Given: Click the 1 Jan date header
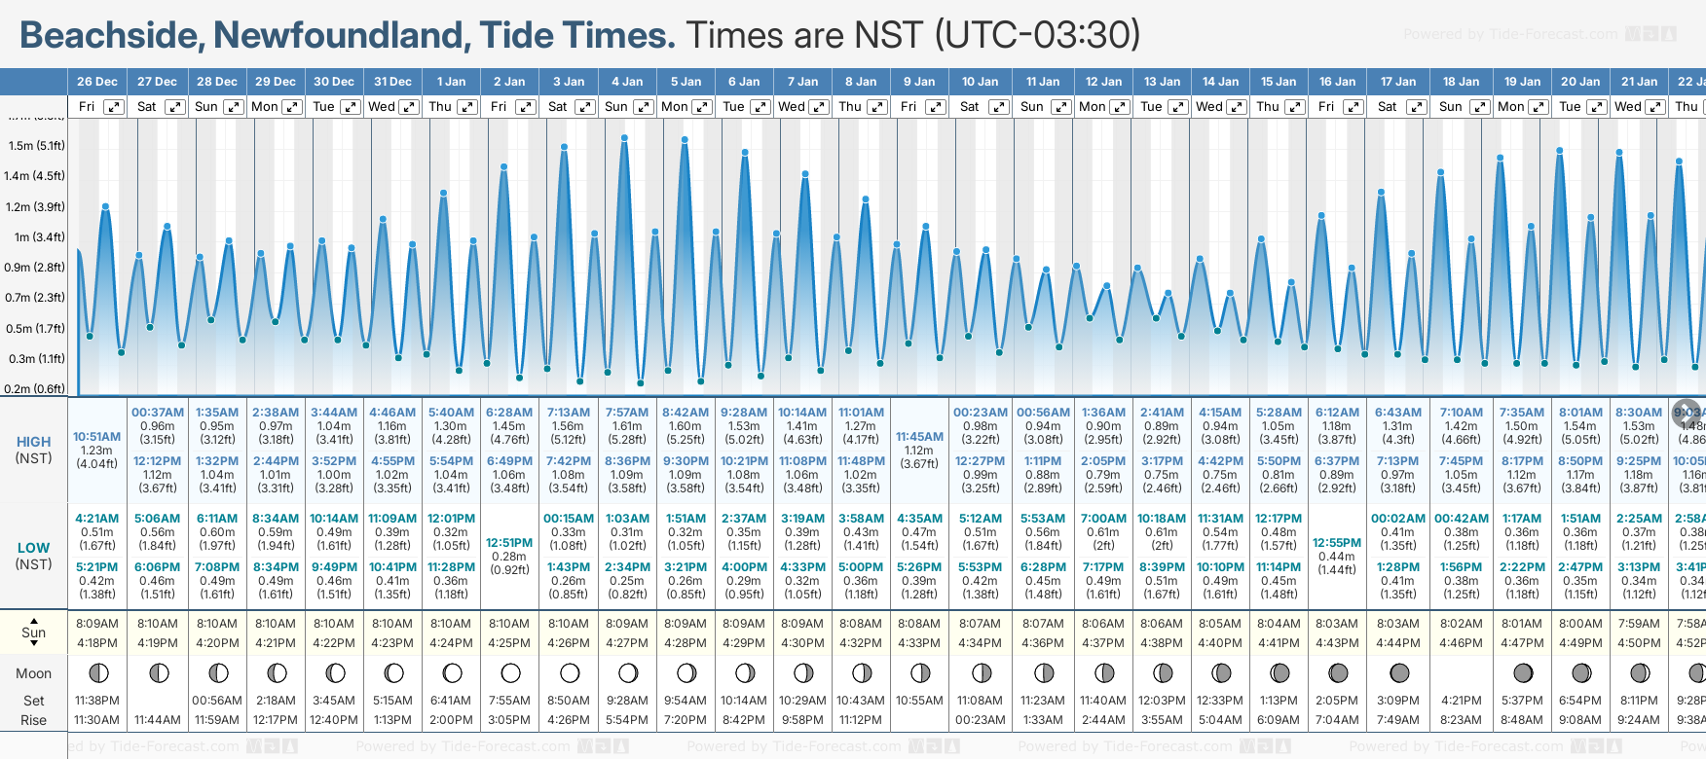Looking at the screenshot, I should coord(451,82).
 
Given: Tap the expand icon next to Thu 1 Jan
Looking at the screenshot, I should coord(467,107).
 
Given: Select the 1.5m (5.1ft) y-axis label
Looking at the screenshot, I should coord(36,146).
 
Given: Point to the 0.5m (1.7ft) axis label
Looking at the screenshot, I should coord(36,328).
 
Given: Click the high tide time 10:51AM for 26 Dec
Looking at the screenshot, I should coord(96,437).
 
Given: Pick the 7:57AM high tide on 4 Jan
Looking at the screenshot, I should coord(627,413).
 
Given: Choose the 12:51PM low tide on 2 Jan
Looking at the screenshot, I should coord(509,543).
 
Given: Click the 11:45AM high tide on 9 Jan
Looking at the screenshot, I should coord(919,437).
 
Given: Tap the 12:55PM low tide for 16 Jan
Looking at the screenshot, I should coord(1337,543).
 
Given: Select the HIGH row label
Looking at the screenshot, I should coord(33,442).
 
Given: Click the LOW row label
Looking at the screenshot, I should coord(33,548).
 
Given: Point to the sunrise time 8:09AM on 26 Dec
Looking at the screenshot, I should coord(96,624).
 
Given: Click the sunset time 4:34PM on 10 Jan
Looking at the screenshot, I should coord(980,643).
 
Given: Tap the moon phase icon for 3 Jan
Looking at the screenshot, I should coord(570,673).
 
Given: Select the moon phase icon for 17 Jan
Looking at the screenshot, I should coord(1399,673).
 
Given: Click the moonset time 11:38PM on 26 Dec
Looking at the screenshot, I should coord(96,701).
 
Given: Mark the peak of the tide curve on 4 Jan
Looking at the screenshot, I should coord(624,138).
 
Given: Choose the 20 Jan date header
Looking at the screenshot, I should coord(1580,82).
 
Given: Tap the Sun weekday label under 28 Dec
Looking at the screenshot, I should coord(206,107).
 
